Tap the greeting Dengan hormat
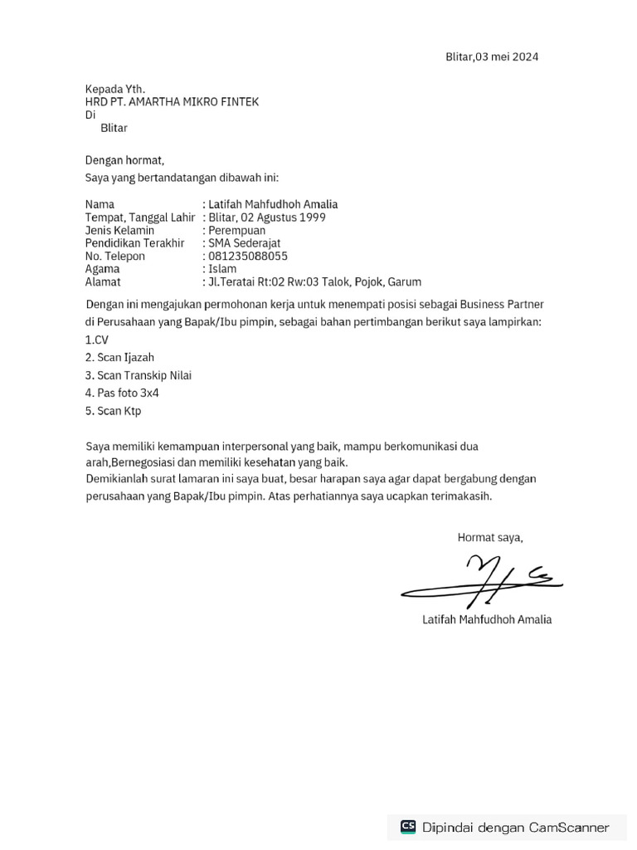coord(124,160)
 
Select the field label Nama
coord(100,204)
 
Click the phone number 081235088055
coord(248,256)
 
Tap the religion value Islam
coord(222,269)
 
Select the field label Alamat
coord(103,282)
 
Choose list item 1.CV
coord(97,340)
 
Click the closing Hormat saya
coord(490,538)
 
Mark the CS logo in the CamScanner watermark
coord(408,827)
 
